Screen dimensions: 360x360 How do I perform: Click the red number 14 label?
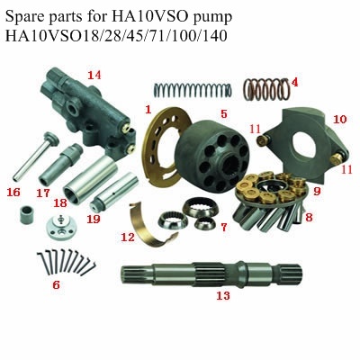tap(94, 75)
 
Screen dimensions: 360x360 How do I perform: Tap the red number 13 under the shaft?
tap(223, 296)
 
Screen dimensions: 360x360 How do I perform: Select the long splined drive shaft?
tap(211, 273)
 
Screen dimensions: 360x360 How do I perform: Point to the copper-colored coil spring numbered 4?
tap(265, 89)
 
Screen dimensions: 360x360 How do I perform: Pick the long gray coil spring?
tap(193, 90)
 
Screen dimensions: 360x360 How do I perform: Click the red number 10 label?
tap(340, 120)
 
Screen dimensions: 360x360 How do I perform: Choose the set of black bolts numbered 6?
tap(66, 263)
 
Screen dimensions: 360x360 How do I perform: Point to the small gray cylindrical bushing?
tap(27, 214)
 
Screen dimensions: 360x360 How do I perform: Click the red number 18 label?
tap(60, 203)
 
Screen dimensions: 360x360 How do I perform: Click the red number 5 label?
tap(224, 113)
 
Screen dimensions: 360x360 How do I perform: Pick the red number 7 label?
tap(224, 227)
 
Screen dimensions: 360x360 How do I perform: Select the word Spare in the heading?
tap(24, 17)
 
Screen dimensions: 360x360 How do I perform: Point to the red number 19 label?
tap(94, 219)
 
